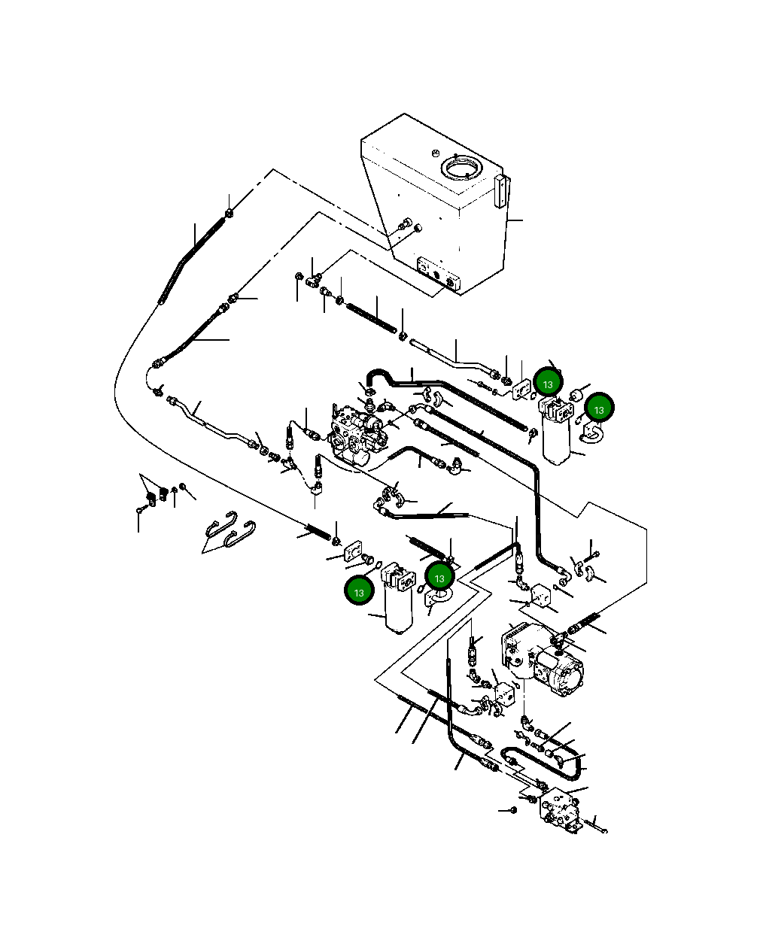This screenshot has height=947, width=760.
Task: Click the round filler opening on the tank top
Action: [460, 166]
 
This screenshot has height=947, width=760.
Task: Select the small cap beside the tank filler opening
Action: [435, 152]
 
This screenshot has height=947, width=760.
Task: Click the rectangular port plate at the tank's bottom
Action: [436, 274]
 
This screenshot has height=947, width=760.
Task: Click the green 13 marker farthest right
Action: [599, 409]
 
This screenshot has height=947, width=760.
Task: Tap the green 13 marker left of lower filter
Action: [359, 592]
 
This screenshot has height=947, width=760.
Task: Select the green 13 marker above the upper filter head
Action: [547, 384]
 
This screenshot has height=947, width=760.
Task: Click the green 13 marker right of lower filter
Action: [439, 578]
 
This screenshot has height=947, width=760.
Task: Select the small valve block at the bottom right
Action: [561, 811]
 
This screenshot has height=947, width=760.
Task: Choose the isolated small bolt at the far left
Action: [139, 509]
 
